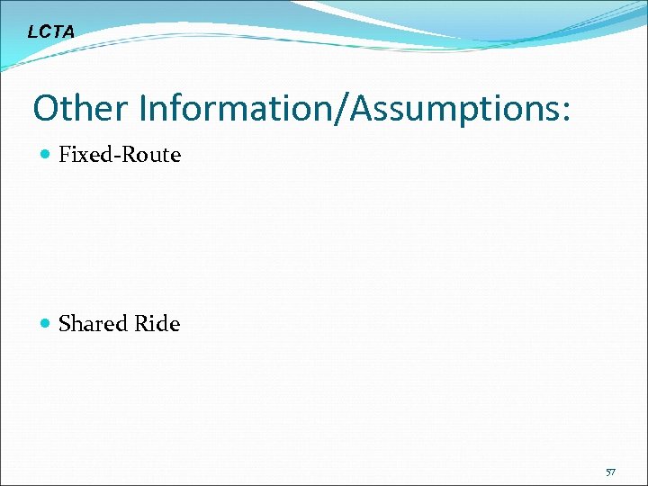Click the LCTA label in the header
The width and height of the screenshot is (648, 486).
pyautogui.click(x=51, y=32)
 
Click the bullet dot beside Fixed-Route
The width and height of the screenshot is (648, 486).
pyautogui.click(x=46, y=156)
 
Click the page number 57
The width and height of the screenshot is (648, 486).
pyautogui.click(x=610, y=472)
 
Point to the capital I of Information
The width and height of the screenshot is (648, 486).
pyautogui.click(x=142, y=109)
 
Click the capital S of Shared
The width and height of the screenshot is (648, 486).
pyautogui.click(x=64, y=324)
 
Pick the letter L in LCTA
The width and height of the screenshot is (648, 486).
pyautogui.click(x=32, y=32)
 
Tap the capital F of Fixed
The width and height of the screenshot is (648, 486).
pyautogui.click(x=64, y=155)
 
